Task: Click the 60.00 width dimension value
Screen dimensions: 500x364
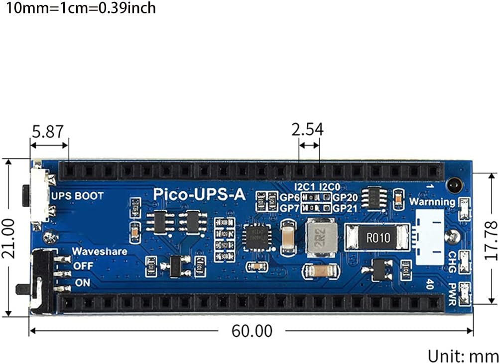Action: click(x=252, y=331)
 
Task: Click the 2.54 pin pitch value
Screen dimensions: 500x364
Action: click(x=308, y=129)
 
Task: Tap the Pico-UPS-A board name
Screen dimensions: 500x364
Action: click(x=199, y=194)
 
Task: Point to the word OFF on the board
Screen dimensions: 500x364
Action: click(x=83, y=266)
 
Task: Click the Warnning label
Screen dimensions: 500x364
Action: click(x=432, y=202)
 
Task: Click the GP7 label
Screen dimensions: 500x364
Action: click(x=289, y=207)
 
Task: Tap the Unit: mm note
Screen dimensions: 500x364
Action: click(x=463, y=356)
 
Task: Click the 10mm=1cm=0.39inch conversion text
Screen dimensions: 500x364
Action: click(x=78, y=8)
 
